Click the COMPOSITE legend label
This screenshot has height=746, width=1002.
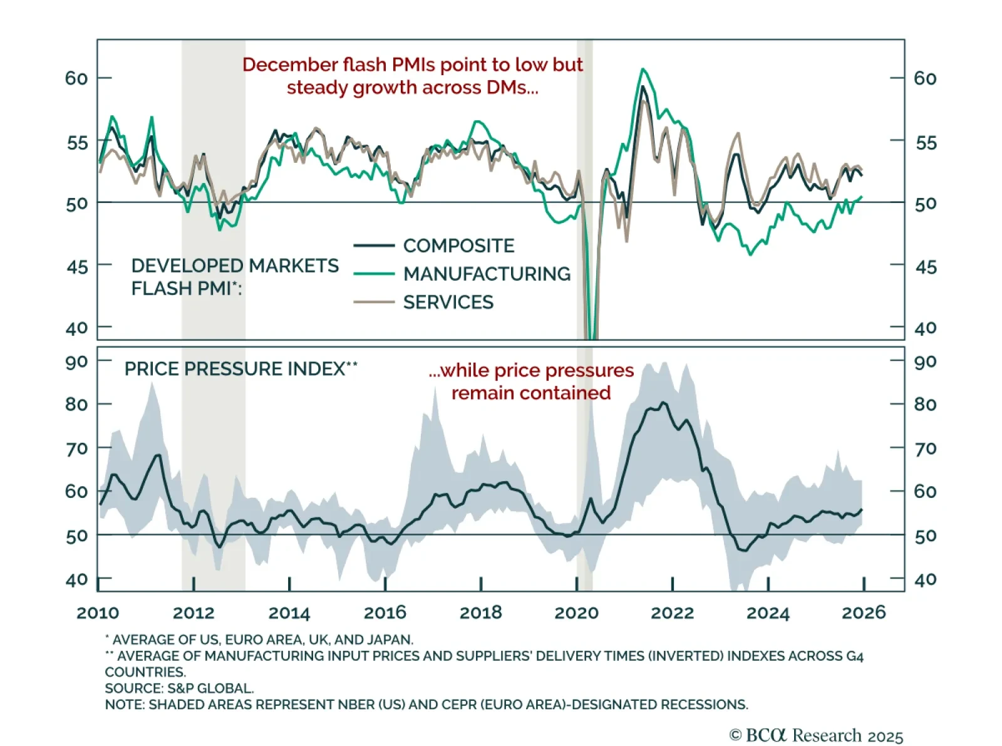(x=458, y=246)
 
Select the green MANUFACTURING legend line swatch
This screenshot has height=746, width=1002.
(x=374, y=274)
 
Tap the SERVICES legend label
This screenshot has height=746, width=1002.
(x=448, y=303)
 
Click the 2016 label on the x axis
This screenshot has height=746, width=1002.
(x=385, y=613)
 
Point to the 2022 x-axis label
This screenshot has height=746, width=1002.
(x=672, y=613)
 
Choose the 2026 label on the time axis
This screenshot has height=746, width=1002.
(x=864, y=613)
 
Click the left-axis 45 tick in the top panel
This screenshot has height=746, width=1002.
(x=77, y=267)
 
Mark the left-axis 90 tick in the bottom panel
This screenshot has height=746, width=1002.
(x=76, y=362)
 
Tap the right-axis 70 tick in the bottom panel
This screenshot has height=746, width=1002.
(x=926, y=448)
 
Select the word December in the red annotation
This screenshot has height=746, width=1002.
(x=290, y=65)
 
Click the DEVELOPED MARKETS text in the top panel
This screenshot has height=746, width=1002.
(x=235, y=266)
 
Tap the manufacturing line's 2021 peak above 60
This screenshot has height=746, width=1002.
(x=643, y=69)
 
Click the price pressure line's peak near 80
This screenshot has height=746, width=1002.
(x=664, y=403)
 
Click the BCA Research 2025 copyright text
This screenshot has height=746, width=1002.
(x=816, y=735)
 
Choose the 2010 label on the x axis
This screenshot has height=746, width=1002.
(x=98, y=613)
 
